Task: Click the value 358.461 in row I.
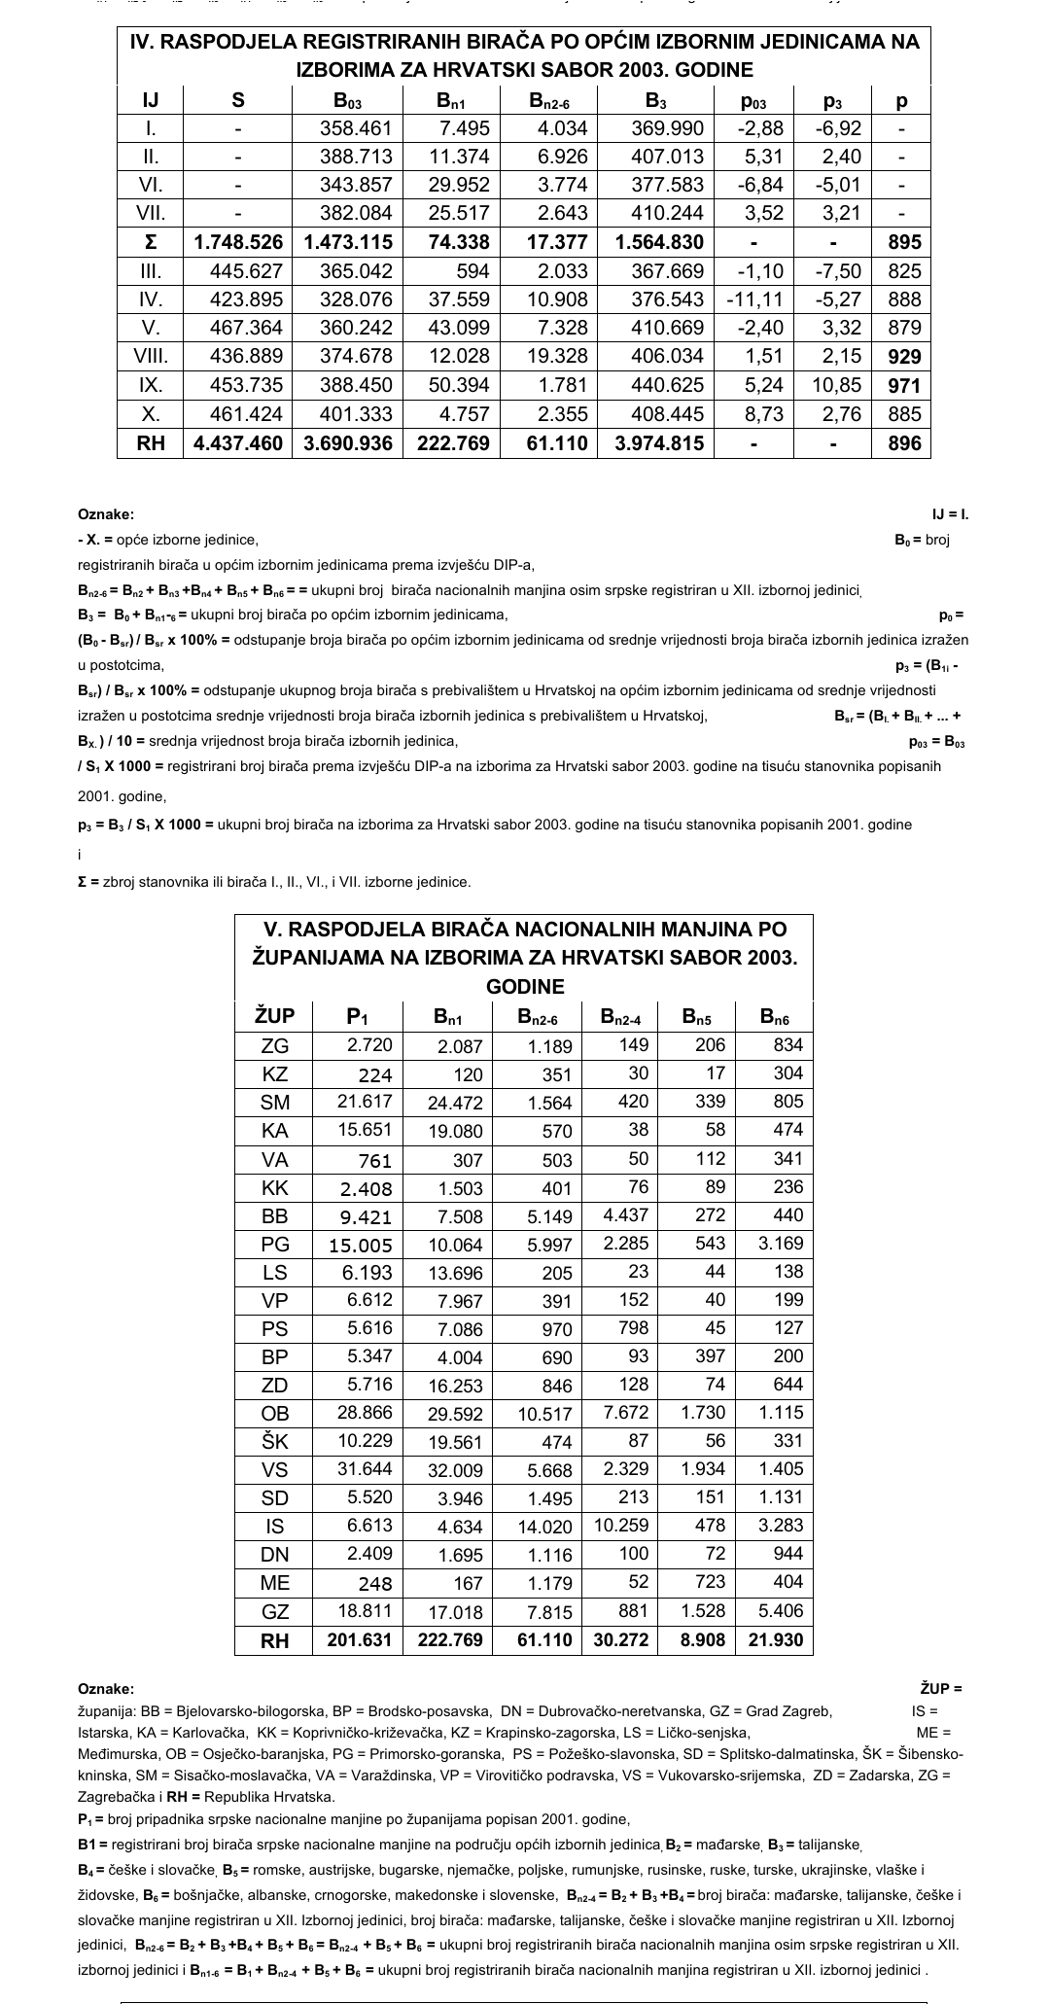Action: [x=356, y=128]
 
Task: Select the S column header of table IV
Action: [x=238, y=99]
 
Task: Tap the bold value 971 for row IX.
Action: [x=903, y=385]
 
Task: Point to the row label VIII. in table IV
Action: [x=151, y=356]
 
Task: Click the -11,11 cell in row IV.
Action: [x=753, y=299]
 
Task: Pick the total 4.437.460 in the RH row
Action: [x=238, y=443]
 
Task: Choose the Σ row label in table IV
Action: [x=151, y=242]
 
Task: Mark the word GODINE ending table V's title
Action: [x=525, y=986]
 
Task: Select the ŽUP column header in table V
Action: [x=274, y=1017]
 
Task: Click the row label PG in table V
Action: [x=275, y=1244]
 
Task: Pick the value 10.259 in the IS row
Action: [x=620, y=1526]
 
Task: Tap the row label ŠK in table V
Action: [x=275, y=1442]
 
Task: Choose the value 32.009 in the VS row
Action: [x=446, y=1470]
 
